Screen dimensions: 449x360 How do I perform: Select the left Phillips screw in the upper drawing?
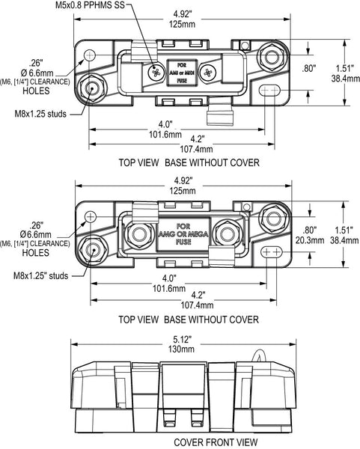[x=155, y=73]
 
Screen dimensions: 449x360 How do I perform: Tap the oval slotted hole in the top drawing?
[x=271, y=91]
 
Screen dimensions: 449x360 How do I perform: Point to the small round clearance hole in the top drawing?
[x=91, y=55]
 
